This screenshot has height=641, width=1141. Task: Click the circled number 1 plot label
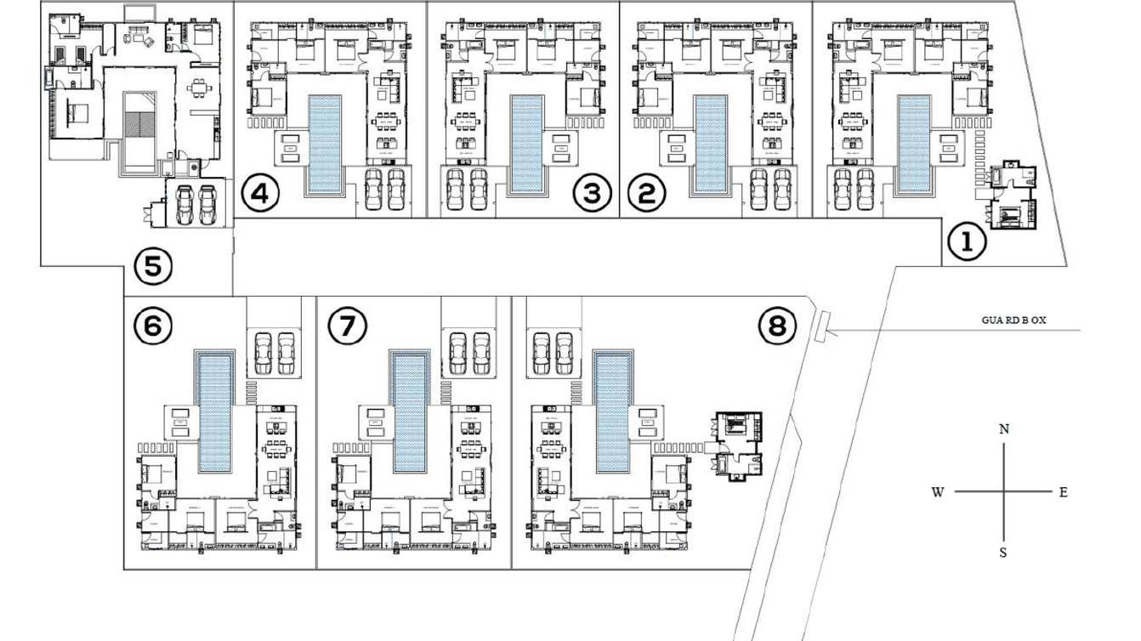coord(967,243)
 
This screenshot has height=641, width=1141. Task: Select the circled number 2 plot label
coord(646,194)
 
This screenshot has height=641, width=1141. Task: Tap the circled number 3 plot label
coord(592,194)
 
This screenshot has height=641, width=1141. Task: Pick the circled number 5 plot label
coord(153,267)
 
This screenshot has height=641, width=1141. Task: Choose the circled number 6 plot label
coord(153,326)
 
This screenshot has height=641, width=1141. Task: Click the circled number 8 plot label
coord(777,326)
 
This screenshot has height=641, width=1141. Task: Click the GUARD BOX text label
coord(1013,320)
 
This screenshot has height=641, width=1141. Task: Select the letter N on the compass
coord(1004,429)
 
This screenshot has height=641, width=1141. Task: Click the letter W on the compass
coord(938,492)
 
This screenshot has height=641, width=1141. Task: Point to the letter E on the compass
coord(1063,492)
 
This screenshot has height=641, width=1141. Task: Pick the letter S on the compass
coord(1003,553)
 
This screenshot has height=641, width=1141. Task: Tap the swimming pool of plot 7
coord(410,411)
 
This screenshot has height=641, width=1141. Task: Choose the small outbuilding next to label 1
coord(1014,194)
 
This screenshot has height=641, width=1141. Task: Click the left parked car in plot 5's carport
coord(184,204)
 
